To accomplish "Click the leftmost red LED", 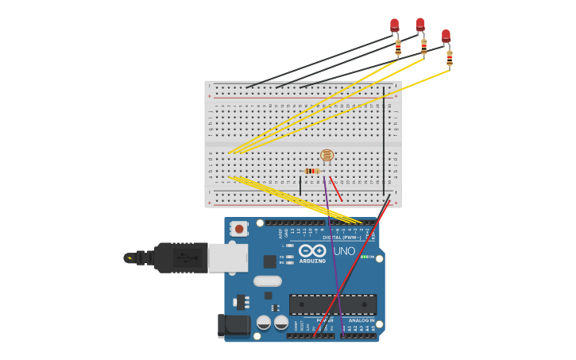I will coord(395,25).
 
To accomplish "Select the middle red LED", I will coord(420,25).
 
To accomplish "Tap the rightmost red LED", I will coord(446,37).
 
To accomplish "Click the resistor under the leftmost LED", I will coord(398,47).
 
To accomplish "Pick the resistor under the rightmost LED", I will coord(450,58).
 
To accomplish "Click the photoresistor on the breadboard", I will coord(327,156).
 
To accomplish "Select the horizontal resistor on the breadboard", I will coord(312,171).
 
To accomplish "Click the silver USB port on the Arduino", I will coord(227,257).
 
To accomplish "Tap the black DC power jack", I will coord(233,324).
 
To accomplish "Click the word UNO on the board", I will coord(344,251).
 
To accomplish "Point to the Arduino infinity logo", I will coord(312,250).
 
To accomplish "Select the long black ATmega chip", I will coord(333,304).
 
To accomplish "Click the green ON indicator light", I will coord(363,257).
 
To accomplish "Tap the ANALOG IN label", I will coord(361,320).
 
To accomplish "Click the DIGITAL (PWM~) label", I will coord(342,238).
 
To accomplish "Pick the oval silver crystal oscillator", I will coord(268,281).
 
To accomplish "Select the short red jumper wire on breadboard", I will coord(337,190).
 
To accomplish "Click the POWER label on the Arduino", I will coord(324,320).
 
